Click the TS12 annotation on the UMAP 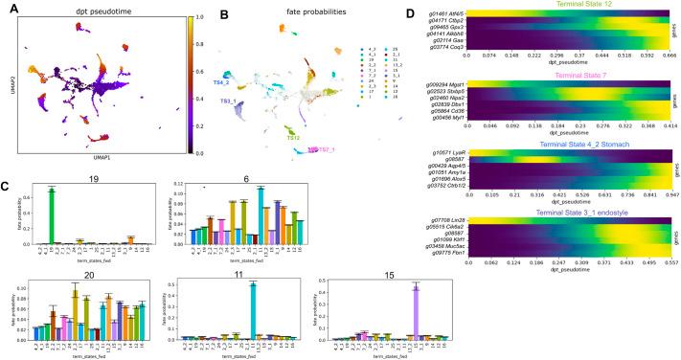[x=295, y=138]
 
